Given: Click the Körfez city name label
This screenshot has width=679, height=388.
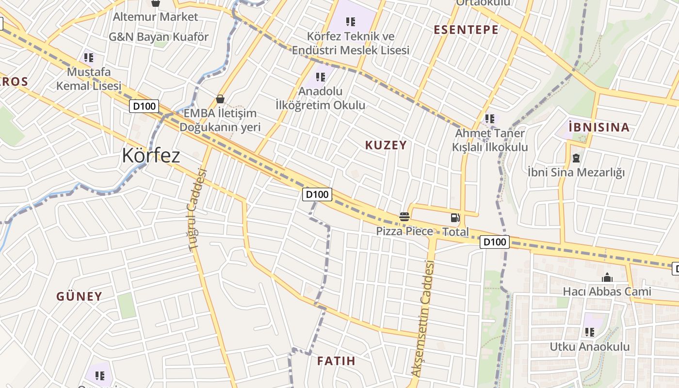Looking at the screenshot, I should click(x=151, y=156).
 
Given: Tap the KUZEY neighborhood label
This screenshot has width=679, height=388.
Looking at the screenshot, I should click(x=386, y=145).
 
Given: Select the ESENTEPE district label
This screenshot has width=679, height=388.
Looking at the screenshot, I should click(x=466, y=30).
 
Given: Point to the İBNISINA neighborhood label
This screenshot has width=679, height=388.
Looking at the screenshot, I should click(x=598, y=128).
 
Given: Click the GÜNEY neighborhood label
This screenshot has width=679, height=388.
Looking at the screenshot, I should click(x=79, y=296).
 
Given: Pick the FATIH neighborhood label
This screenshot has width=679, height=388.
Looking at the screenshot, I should click(x=336, y=361).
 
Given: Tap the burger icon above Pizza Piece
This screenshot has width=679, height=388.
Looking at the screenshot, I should click(x=404, y=217).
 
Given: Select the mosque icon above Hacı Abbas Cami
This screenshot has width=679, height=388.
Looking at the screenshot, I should click(x=607, y=278).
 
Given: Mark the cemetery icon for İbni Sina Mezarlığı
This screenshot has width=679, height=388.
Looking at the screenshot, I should click(x=576, y=158).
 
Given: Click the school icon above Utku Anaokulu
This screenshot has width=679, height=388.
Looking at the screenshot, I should click(x=589, y=332).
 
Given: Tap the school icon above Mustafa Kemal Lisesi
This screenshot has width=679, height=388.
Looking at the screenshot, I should click(x=88, y=58).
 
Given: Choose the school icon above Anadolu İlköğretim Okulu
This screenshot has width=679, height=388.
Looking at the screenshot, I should click(x=320, y=77).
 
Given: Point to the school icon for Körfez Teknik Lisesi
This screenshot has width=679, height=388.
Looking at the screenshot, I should click(x=351, y=21).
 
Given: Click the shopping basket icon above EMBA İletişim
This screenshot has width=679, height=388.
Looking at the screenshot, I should click(x=220, y=99).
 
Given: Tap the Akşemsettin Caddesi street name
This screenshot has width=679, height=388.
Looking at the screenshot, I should click(x=422, y=318).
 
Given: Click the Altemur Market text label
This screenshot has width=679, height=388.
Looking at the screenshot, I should click(x=155, y=17).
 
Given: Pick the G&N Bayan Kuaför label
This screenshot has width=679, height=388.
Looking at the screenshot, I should click(x=158, y=37).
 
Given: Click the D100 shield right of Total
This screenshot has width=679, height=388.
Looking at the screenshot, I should click(x=494, y=242).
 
